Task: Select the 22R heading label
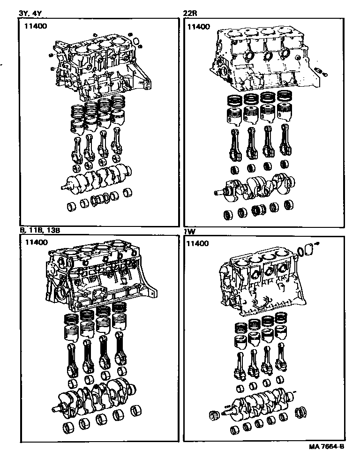190,13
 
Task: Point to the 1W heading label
189,231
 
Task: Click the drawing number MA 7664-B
327,447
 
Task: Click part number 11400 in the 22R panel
199,27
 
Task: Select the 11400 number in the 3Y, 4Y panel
36,26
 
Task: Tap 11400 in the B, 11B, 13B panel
36,242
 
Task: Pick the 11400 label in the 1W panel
197,244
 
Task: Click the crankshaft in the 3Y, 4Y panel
97,178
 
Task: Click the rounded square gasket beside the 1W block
309,249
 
